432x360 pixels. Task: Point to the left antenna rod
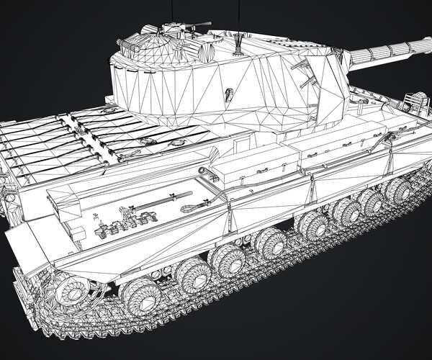pyautogui.click(x=173, y=12)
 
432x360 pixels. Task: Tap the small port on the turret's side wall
pyautogui.click(x=229, y=94)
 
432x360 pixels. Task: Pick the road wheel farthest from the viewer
pyautogui.click(x=397, y=189)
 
